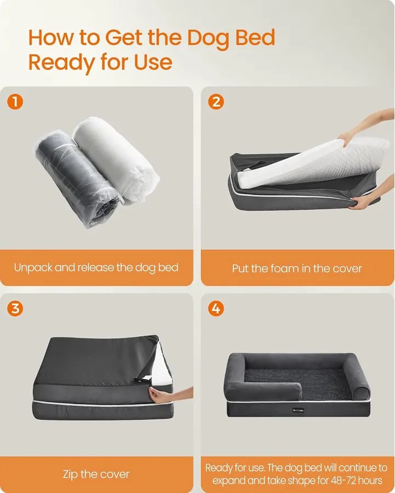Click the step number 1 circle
click(x=15, y=102)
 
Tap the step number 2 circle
click(x=216, y=102)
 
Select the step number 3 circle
click(x=15, y=308)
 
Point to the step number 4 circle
click(x=216, y=308)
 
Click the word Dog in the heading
click(x=208, y=38)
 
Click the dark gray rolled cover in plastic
click(x=76, y=179)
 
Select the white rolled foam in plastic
click(x=115, y=160)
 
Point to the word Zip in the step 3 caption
click(x=70, y=474)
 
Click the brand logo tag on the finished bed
click(x=298, y=410)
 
